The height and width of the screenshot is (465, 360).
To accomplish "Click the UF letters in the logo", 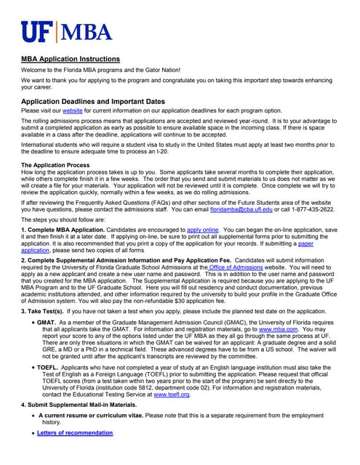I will pyautogui.click(x=38, y=33).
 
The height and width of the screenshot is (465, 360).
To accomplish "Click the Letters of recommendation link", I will pyautogui.click(x=76, y=433).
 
